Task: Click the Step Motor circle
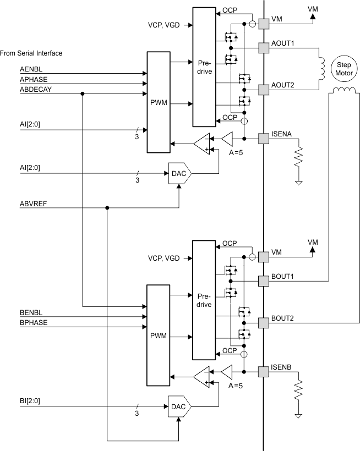[340, 69]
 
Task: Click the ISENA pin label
[282, 133]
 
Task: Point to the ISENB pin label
[282, 367]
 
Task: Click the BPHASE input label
[33, 323]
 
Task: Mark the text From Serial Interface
[31, 53]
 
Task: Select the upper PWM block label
[158, 101]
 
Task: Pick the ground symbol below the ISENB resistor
[299, 416]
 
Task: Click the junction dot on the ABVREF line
[107, 208]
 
